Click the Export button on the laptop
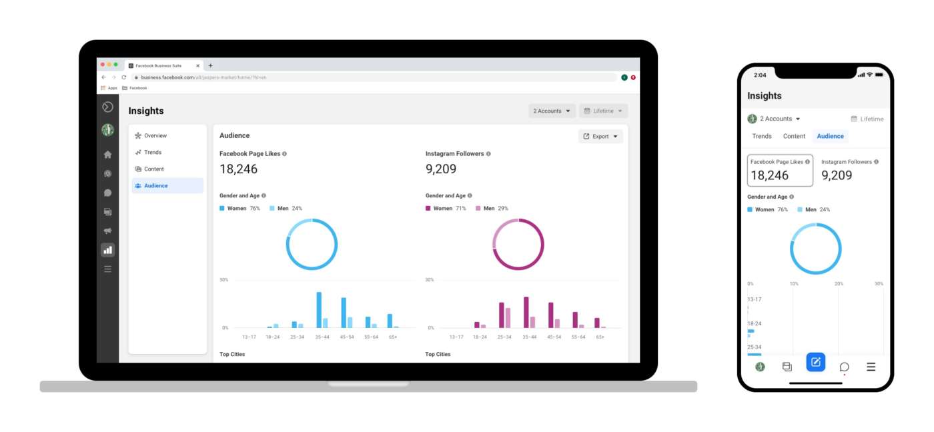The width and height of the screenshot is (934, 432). pyautogui.click(x=600, y=137)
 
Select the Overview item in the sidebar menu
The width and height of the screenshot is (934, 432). pyautogui.click(x=155, y=136)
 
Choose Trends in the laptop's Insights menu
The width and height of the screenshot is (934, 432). pyautogui.click(x=153, y=153)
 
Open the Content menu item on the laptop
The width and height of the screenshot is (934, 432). pyautogui.click(x=153, y=169)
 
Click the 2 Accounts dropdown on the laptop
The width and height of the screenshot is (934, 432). pyautogui.click(x=552, y=111)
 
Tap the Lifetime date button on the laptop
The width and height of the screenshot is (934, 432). pyautogui.click(x=603, y=111)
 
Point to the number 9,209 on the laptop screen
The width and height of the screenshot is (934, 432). pyautogui.click(x=441, y=169)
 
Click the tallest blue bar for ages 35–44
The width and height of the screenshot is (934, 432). pyautogui.click(x=319, y=310)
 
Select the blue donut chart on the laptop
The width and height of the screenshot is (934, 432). pyautogui.click(x=312, y=245)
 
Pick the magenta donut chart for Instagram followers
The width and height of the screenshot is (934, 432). pyautogui.click(x=518, y=245)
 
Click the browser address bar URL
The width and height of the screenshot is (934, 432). pyautogui.click(x=203, y=77)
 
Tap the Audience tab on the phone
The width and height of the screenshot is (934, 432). pyautogui.click(x=830, y=136)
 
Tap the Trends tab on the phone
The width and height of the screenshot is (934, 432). pyautogui.click(x=762, y=136)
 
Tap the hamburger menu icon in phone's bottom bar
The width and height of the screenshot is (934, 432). pyautogui.click(x=871, y=367)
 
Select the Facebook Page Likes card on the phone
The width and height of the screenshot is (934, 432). pyautogui.click(x=780, y=171)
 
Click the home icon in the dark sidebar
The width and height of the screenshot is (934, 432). pyautogui.click(x=107, y=155)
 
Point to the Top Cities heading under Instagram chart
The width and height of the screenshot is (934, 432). pyautogui.click(x=438, y=354)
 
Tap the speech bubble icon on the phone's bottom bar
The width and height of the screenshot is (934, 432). pyautogui.click(x=844, y=367)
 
